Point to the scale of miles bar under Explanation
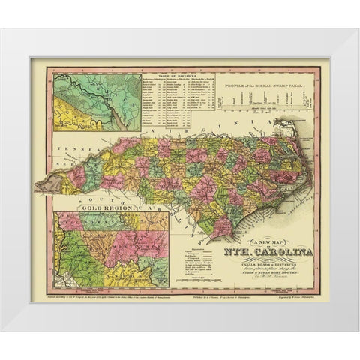(193, 282)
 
